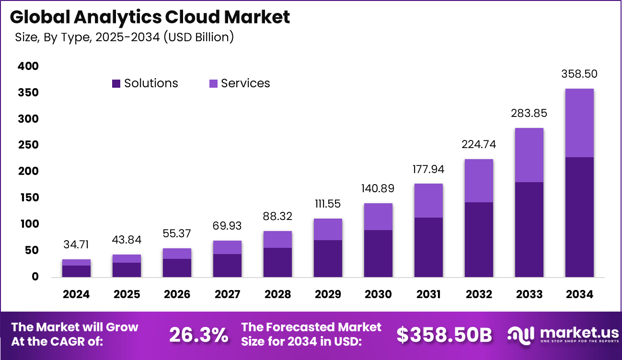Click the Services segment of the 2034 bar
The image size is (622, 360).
pyautogui.click(x=579, y=123)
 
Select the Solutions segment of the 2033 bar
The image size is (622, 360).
pyautogui.click(x=529, y=229)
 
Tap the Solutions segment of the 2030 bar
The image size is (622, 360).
pyautogui.click(x=378, y=253)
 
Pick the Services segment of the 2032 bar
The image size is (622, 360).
pyautogui.click(x=479, y=181)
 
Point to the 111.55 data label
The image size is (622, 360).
pyautogui.click(x=328, y=204)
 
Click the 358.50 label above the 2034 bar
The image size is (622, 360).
pyautogui.click(x=579, y=74)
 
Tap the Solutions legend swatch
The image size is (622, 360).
pyautogui.click(x=116, y=83)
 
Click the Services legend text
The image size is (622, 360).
pyautogui.click(x=245, y=83)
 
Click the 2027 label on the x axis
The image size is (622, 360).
pyautogui.click(x=227, y=294)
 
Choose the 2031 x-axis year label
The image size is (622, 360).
pyautogui.click(x=428, y=294)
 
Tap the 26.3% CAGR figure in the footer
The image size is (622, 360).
pyautogui.click(x=198, y=335)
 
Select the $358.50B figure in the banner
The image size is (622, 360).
pyautogui.click(x=444, y=335)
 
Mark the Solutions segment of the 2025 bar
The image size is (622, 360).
pyautogui.click(x=127, y=269)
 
